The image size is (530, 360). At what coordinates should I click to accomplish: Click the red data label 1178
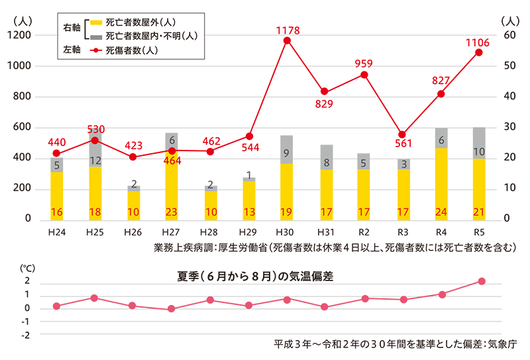click(287, 30)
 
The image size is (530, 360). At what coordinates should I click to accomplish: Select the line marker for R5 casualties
click(479, 52)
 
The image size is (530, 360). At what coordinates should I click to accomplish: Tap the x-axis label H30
click(287, 233)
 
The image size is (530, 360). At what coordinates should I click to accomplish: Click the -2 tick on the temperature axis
click(26, 335)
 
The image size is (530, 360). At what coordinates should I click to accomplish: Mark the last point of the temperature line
click(481, 281)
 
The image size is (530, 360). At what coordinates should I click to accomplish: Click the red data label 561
click(403, 143)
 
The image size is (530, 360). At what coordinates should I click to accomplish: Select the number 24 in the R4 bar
click(441, 212)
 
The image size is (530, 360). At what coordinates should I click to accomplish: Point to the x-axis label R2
click(364, 233)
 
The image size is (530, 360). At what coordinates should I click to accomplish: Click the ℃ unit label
click(26, 268)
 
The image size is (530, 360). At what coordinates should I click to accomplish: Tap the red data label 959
click(364, 64)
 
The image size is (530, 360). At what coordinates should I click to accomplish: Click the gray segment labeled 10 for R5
click(479, 151)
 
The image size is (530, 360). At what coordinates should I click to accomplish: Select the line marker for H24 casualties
click(56, 153)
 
